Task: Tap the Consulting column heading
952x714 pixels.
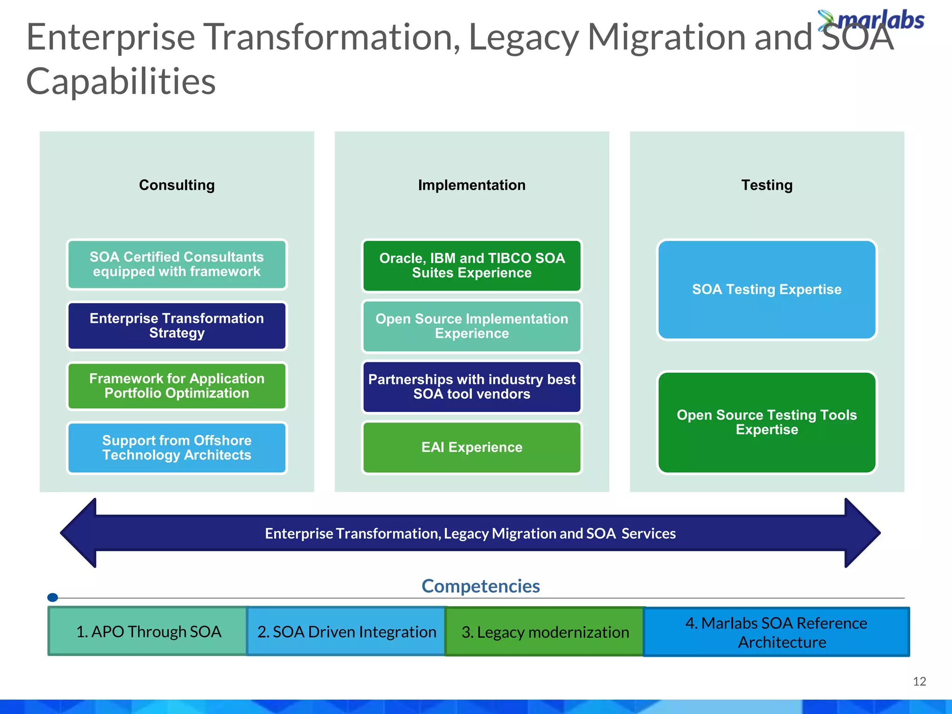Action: tap(177, 185)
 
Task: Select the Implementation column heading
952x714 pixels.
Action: tap(471, 185)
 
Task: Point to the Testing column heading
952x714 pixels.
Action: tap(767, 185)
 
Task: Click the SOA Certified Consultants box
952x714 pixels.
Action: tap(177, 264)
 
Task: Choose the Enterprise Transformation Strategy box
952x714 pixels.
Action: tap(177, 325)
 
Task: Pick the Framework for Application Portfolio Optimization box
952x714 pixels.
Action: tap(177, 386)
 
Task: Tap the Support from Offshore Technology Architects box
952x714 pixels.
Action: tap(177, 448)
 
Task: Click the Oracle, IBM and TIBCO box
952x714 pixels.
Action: tap(471, 265)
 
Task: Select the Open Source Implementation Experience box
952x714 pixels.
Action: tap(471, 326)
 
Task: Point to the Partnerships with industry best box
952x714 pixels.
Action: tap(471, 387)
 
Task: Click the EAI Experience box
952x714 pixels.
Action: tap(471, 447)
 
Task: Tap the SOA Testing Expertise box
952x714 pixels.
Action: tap(767, 290)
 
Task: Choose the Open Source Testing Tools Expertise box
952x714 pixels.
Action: tap(767, 422)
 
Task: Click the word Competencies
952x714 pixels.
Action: tap(480, 586)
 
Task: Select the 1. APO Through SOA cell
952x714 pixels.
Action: tap(148, 632)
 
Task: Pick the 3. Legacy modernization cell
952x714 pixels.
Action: tap(545, 632)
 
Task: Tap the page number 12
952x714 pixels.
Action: tap(919, 681)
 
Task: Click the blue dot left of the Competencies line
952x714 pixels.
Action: tap(53, 597)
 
